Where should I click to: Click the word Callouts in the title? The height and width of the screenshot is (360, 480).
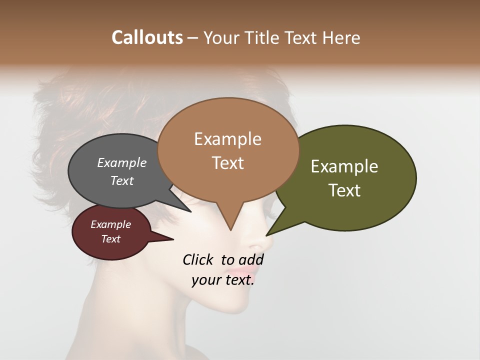(147, 37)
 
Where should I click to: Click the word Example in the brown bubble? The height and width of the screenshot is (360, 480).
(227, 139)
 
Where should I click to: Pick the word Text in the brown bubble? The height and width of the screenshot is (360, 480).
(228, 163)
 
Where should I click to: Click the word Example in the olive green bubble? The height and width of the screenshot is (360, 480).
(344, 166)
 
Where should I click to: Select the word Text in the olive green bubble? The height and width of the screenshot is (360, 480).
(345, 190)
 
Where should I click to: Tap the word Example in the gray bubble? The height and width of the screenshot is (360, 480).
(122, 163)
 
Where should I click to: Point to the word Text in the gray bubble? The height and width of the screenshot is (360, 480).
(122, 180)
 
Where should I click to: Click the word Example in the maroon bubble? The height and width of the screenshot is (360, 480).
(111, 224)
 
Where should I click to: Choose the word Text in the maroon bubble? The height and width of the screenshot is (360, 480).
(111, 239)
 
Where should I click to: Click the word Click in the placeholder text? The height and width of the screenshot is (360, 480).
(198, 260)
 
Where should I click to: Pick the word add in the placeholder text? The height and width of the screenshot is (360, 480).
(251, 260)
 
